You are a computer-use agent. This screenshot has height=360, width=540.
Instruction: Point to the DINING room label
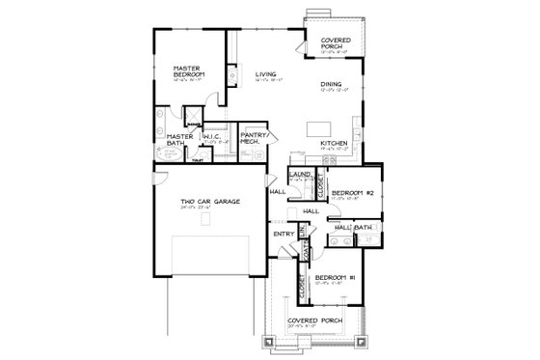331,84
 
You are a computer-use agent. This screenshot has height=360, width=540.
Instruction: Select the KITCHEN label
334,143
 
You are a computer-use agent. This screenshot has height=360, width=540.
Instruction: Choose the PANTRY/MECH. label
254,138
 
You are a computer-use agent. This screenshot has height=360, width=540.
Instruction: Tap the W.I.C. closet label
213,136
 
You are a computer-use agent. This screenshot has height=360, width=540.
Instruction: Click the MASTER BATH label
179,142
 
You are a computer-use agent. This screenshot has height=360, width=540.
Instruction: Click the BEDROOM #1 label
335,279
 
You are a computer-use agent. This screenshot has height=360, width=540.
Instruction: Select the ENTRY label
283,234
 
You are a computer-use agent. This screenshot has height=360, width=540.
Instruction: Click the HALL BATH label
353,228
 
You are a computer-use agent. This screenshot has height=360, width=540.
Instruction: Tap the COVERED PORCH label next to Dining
337,43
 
